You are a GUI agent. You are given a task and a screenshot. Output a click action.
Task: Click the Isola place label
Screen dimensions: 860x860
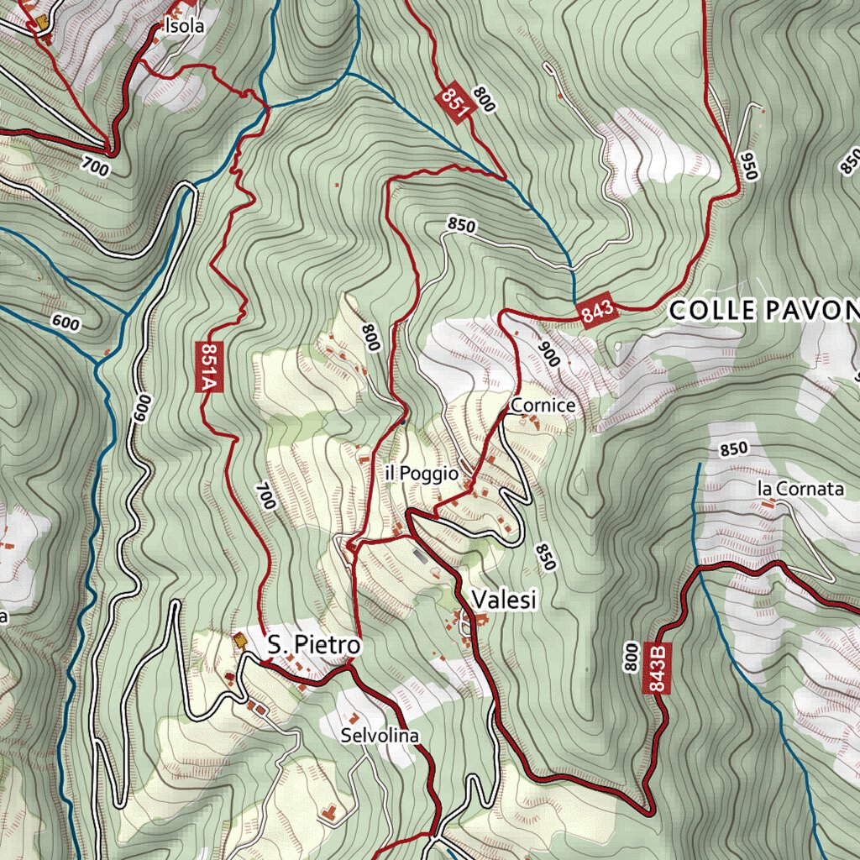(x=185, y=26)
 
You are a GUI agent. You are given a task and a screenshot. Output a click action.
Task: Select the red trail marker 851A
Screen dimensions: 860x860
(x=209, y=366)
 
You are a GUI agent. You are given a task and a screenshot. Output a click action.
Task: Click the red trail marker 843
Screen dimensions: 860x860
(x=597, y=312)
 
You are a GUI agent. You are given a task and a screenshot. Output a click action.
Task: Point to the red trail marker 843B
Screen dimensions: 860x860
(x=658, y=668)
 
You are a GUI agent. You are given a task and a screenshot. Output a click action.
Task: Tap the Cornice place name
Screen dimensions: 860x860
(x=543, y=406)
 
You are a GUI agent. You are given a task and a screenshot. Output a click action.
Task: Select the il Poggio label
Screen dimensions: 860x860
(x=422, y=474)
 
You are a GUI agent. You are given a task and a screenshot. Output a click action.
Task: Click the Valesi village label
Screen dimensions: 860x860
(x=504, y=600)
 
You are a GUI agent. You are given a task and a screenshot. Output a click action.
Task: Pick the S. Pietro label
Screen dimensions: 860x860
(x=314, y=646)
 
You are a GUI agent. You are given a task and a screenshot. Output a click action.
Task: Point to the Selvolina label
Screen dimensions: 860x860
(x=380, y=736)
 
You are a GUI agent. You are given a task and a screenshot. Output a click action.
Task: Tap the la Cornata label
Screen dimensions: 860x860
(x=800, y=489)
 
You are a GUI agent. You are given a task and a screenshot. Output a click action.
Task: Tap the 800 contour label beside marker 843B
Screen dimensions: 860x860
(x=631, y=656)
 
